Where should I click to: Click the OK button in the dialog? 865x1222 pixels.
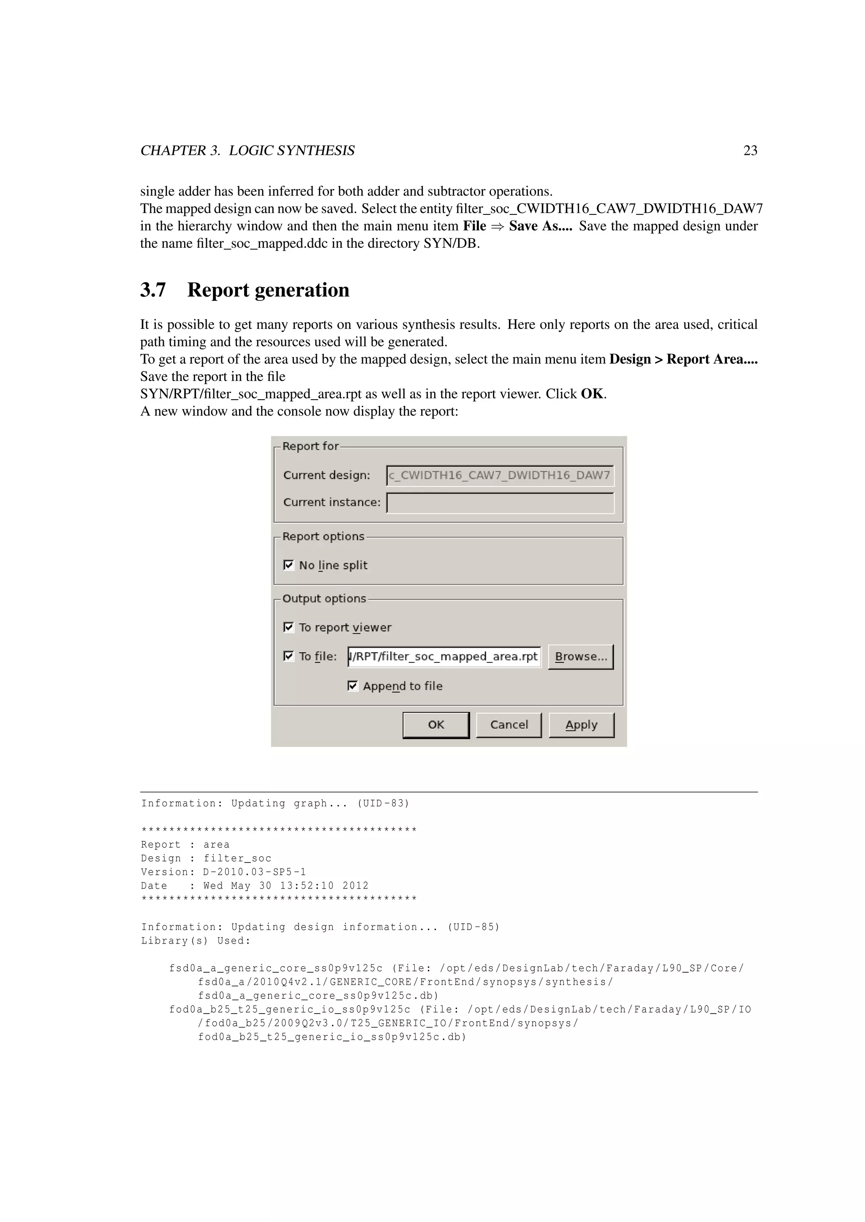tap(436, 725)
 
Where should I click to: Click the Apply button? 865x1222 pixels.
tap(581, 725)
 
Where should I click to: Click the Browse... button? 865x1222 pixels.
tap(581, 657)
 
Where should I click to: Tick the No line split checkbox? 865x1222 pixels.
tap(289, 565)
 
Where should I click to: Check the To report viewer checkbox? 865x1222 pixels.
tap(289, 627)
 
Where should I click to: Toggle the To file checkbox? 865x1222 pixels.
tap(289, 656)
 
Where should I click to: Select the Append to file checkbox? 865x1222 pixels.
tap(353, 686)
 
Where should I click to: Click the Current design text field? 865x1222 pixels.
tap(500, 475)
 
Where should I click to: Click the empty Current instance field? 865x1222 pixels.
tap(500, 503)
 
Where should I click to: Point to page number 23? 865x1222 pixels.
tap(750, 151)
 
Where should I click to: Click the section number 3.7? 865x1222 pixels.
tap(153, 290)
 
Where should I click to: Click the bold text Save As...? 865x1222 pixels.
tap(539, 226)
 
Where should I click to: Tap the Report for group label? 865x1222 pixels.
tap(310, 446)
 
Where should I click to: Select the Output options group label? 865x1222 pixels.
tap(324, 599)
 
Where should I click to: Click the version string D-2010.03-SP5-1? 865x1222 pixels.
tap(255, 872)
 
